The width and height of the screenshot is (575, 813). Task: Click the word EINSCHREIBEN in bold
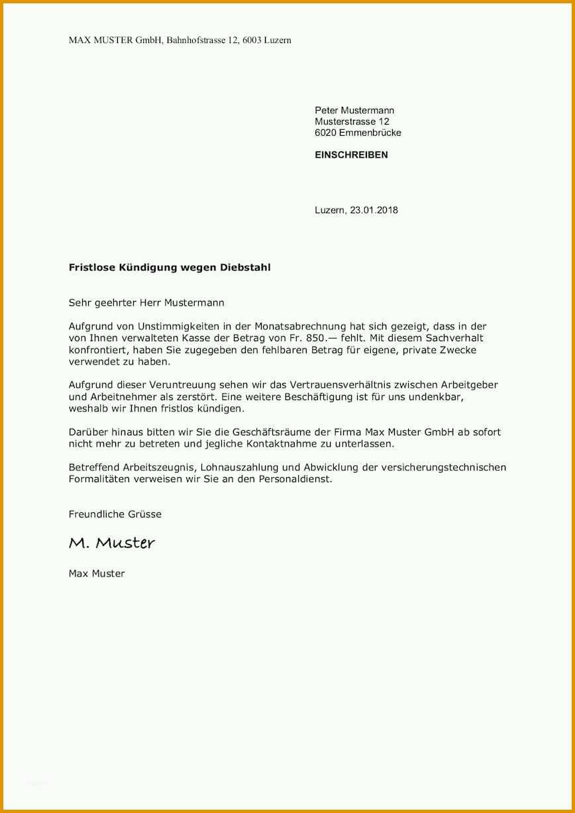click(351, 155)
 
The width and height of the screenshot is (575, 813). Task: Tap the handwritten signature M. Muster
click(111, 543)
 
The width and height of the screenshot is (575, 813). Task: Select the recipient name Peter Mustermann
click(354, 111)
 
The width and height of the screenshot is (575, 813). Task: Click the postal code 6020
click(326, 133)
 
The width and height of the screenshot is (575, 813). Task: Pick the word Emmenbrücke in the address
click(370, 133)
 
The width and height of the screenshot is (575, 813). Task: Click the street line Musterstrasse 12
click(352, 122)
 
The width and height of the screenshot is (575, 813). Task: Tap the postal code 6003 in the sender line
click(250, 40)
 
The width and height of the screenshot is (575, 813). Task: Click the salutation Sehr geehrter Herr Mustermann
click(146, 303)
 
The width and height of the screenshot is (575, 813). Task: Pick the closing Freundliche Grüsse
click(115, 514)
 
